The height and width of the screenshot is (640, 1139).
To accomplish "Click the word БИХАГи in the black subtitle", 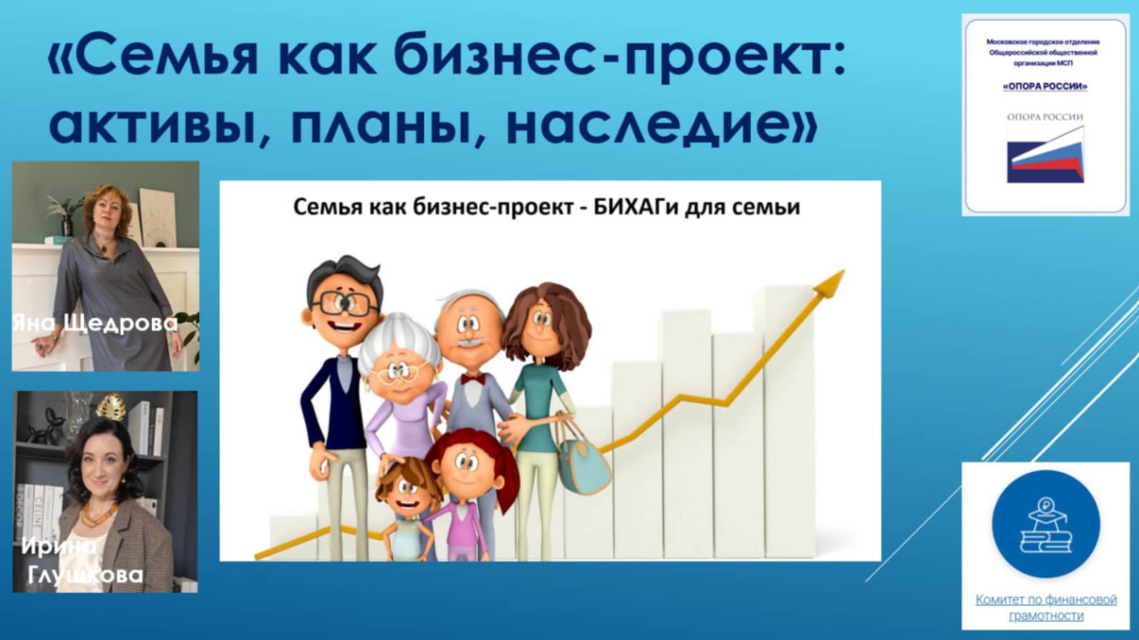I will click(x=636, y=207).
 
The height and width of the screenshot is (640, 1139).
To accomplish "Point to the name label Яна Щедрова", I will click(x=96, y=323).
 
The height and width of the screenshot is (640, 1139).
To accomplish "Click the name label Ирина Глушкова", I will click(x=83, y=561).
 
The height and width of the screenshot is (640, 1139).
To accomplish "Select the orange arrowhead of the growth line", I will click(x=831, y=282).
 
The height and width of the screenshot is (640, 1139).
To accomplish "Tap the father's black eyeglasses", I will click(x=344, y=304).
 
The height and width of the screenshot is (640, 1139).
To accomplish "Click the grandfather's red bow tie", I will click(x=472, y=379).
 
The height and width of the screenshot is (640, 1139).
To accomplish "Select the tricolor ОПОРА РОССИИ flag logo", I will click(x=1045, y=154).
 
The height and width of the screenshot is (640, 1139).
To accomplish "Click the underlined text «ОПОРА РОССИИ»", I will click(x=1045, y=86).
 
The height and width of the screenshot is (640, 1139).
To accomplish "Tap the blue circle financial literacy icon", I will click(x=1045, y=524).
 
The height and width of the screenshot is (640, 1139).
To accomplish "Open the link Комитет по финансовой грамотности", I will click(x=1045, y=607).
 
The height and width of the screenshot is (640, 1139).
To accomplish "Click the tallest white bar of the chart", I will click(x=788, y=421).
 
